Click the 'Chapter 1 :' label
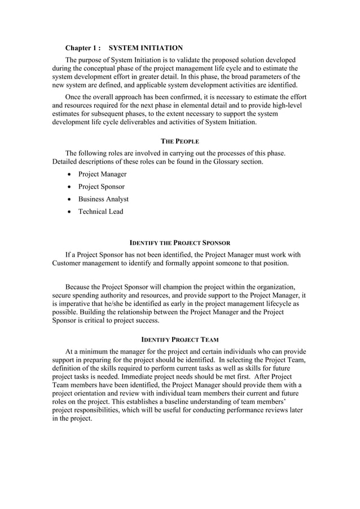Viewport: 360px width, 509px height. [83, 48]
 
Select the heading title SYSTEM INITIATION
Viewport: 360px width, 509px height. [146, 48]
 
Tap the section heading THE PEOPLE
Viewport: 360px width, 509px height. [180, 140]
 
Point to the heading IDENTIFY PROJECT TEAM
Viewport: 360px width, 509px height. [180, 339]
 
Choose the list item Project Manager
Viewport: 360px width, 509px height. [102, 174]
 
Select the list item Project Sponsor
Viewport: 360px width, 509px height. [102, 187]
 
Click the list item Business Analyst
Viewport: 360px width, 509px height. [103, 199]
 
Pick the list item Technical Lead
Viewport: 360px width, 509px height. [100, 212]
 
